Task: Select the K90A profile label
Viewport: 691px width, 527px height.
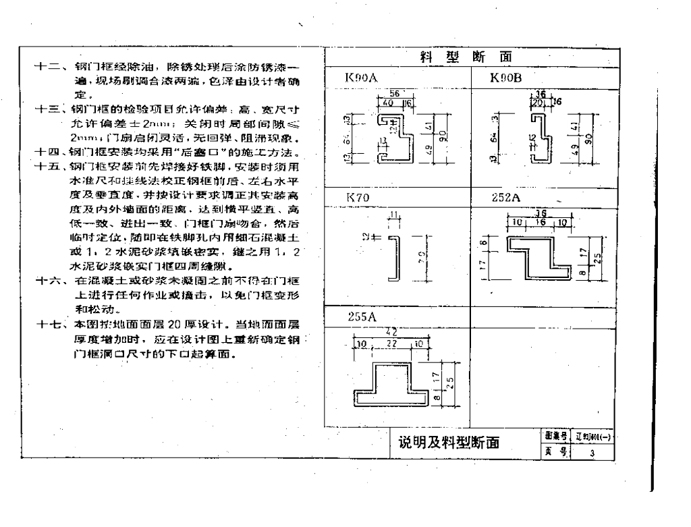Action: click(x=361, y=78)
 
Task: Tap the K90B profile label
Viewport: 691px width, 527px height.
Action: click(x=505, y=78)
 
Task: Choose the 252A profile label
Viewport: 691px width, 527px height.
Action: click(x=507, y=197)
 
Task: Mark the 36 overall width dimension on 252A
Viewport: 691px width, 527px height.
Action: click(x=539, y=213)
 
